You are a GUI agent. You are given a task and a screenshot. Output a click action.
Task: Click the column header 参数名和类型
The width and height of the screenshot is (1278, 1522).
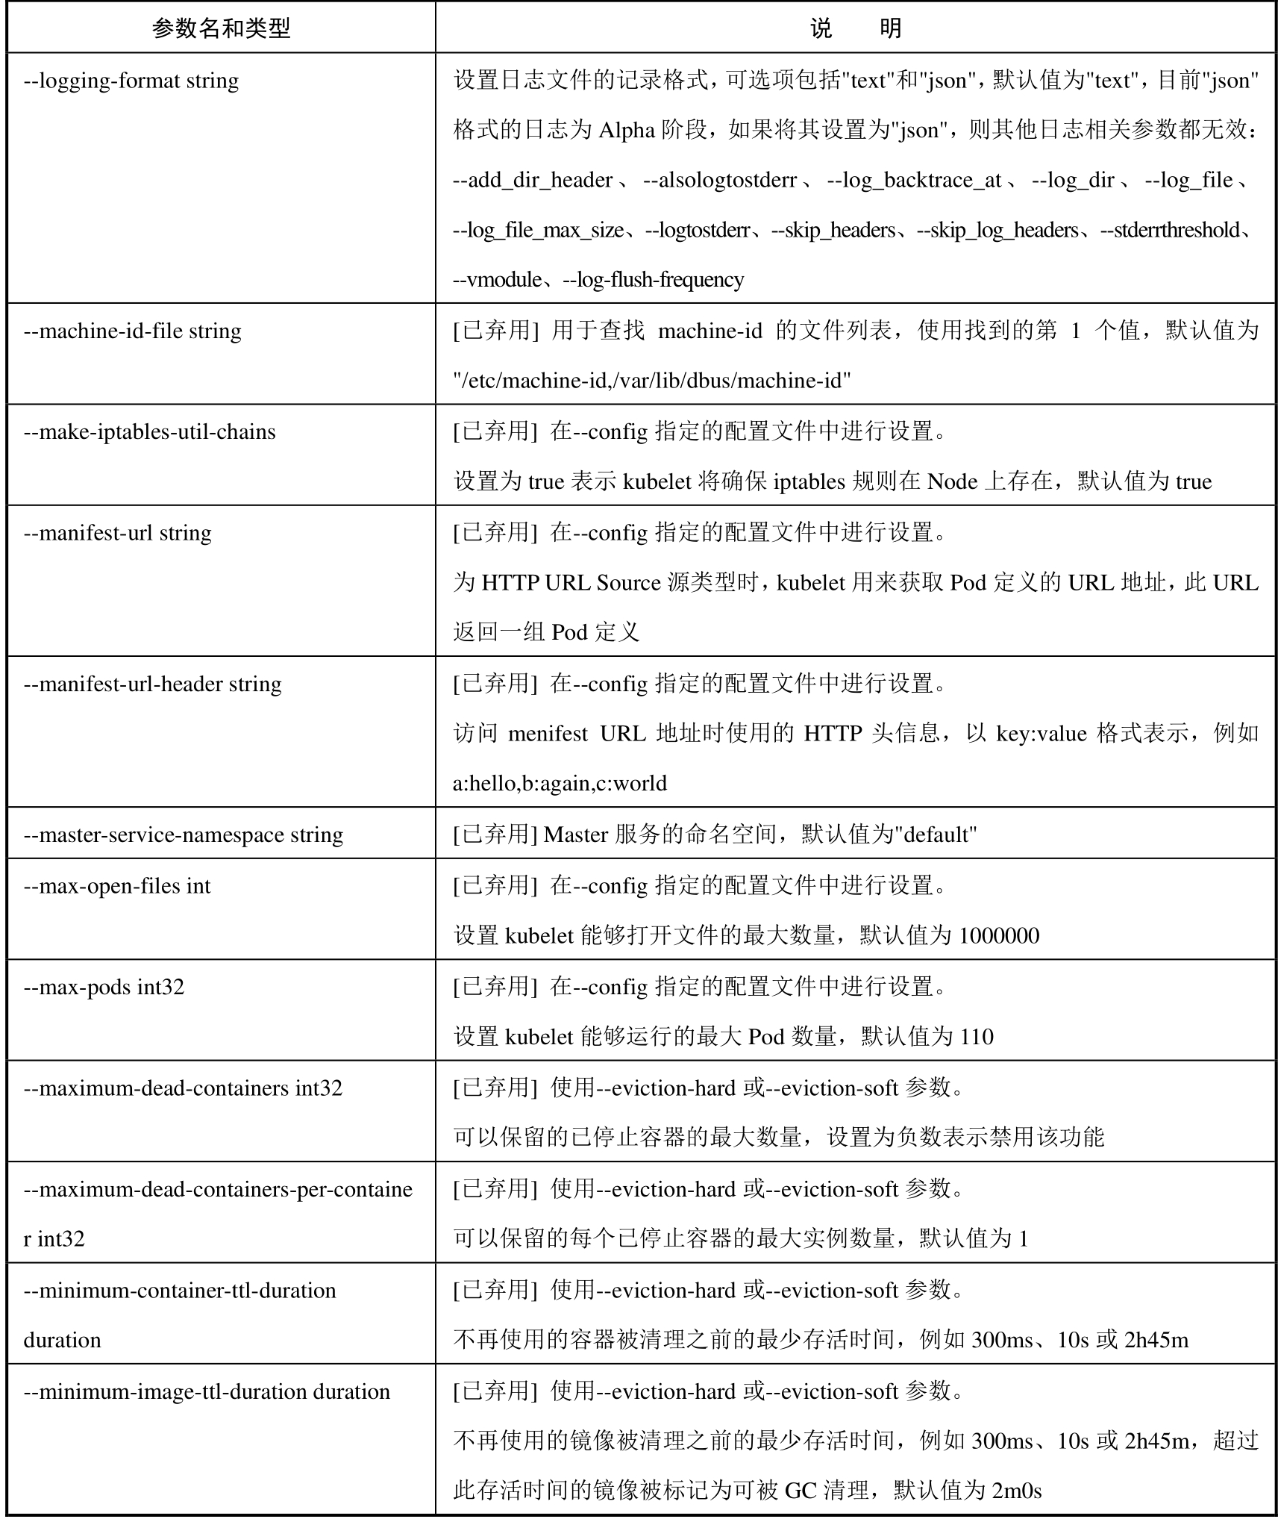coord(221,28)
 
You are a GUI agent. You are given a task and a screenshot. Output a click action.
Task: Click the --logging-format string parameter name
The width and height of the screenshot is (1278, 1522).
coord(131,81)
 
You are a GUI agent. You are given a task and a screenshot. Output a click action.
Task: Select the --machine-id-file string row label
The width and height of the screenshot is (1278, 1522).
coord(133,331)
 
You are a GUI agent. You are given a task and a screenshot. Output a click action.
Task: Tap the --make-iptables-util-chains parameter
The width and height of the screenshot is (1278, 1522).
coord(150,431)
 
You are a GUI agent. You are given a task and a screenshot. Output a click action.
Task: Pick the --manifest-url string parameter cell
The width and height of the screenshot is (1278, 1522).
coord(118,533)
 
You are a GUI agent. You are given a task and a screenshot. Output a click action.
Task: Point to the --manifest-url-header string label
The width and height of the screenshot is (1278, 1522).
coord(153,684)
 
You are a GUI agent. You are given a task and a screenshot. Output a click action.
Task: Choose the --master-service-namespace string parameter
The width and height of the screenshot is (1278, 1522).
coord(184,835)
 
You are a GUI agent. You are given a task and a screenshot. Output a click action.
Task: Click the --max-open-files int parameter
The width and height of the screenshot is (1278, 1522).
coord(117,886)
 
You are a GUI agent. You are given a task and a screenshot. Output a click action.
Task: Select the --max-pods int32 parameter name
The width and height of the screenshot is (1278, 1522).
coord(104,987)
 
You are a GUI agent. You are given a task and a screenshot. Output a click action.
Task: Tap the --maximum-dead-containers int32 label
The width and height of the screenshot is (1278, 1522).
coord(183,1088)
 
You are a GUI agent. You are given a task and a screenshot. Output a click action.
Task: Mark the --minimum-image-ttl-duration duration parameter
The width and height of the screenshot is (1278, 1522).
coord(207,1391)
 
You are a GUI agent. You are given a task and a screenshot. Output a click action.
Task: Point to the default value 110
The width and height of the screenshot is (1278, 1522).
coord(977,1037)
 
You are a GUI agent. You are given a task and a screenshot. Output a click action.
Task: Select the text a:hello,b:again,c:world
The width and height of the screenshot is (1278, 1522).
coord(560,784)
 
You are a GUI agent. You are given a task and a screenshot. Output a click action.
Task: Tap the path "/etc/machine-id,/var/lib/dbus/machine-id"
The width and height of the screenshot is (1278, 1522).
coord(652,381)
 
